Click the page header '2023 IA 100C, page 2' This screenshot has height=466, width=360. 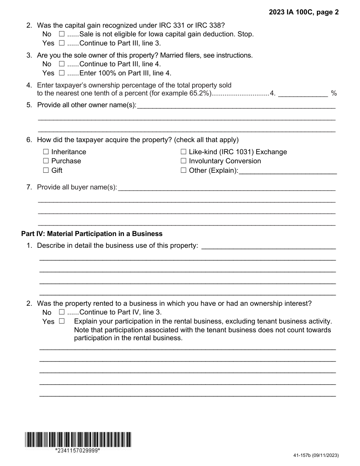pyautogui.click(x=304, y=12)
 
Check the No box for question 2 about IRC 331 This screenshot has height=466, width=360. pyautogui.click(x=62, y=34)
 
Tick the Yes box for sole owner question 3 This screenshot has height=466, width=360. pyautogui.click(x=62, y=73)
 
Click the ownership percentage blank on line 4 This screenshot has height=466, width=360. pyautogui.click(x=303, y=93)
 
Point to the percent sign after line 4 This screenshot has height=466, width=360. pyautogui.click(x=333, y=93)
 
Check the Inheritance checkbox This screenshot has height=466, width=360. pyautogui.click(x=46, y=152)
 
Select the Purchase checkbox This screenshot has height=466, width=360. pyautogui.click(x=46, y=161)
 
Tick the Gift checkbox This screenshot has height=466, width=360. pyautogui.click(x=46, y=170)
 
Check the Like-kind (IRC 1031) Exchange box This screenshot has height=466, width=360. pyautogui.click(x=183, y=152)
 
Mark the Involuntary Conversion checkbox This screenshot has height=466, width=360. pyautogui.click(x=183, y=161)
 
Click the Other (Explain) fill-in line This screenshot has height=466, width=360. pyautogui.click(x=288, y=171)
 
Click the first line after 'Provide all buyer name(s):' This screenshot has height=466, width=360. pyautogui.click(x=227, y=188)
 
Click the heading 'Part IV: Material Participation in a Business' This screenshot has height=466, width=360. pyautogui.click(x=92, y=234)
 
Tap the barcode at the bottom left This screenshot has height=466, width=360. pyautogui.click(x=78, y=439)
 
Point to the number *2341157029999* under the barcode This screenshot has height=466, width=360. pyautogui.click(x=78, y=450)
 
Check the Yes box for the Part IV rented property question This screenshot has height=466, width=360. pyautogui.click(x=62, y=321)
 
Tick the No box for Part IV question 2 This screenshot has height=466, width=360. pyautogui.click(x=62, y=312)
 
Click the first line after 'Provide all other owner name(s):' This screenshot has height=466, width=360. pyautogui.click(x=236, y=106)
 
